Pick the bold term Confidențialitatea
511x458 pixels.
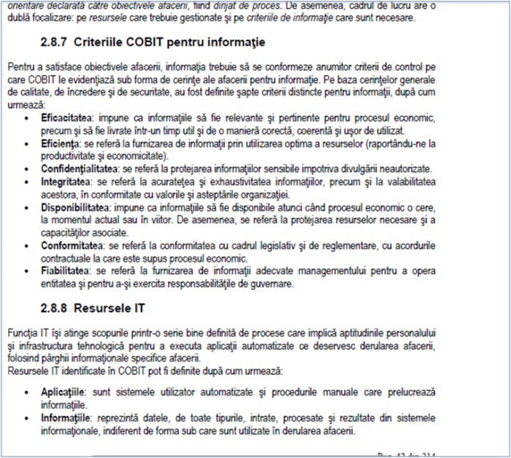[x=79, y=168]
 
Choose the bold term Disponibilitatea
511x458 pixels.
[x=74, y=207]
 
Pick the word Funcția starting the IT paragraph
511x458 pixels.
[x=20, y=332]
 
